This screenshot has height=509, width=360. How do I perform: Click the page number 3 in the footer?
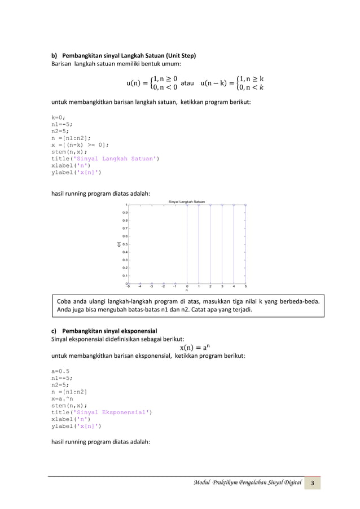[x=314, y=484]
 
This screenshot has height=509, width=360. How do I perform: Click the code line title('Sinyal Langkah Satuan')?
[x=105, y=159]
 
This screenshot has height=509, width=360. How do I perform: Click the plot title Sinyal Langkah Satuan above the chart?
[x=187, y=201]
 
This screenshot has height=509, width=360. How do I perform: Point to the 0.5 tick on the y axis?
[x=125, y=244]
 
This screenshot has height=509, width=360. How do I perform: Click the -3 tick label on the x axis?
[x=151, y=286]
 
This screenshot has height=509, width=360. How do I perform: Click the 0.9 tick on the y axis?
[x=125, y=213]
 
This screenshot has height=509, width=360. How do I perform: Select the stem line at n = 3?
[x=222, y=244]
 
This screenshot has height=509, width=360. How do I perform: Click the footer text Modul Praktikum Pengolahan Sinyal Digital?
[x=247, y=484]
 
